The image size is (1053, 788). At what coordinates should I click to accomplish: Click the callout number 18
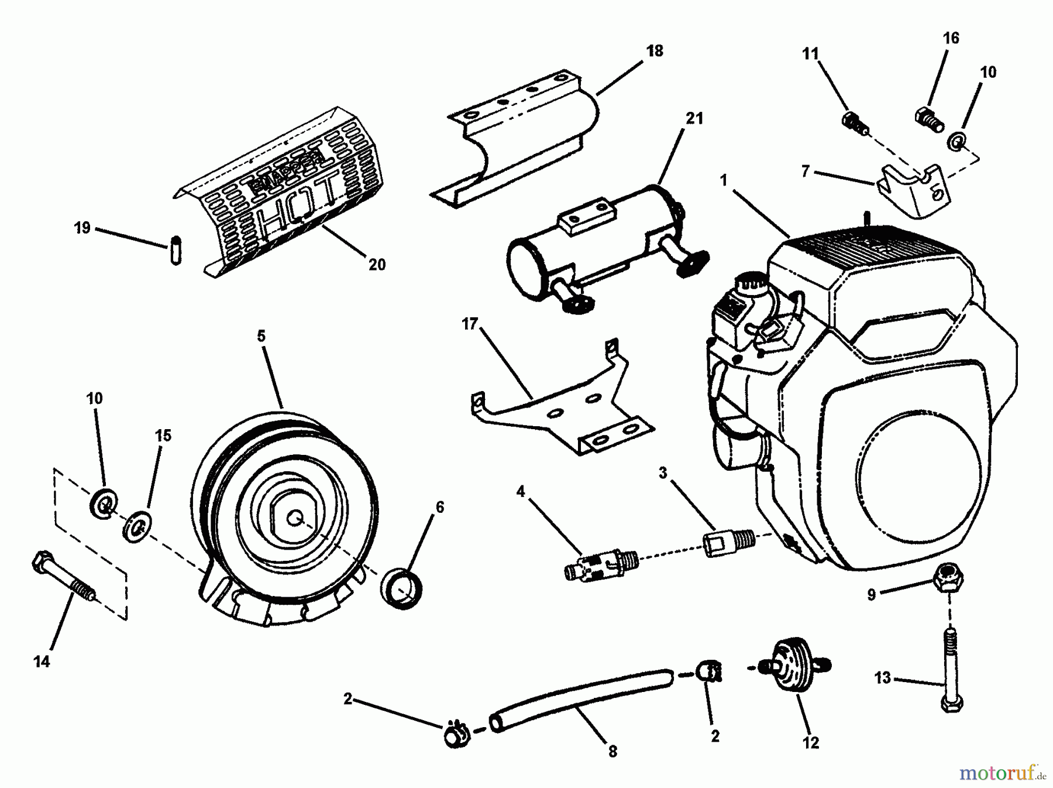tap(655, 51)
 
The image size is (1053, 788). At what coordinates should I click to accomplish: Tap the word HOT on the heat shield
tap(298, 208)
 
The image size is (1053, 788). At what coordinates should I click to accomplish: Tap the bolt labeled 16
tap(929, 119)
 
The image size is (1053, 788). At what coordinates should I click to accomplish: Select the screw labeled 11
tap(855, 123)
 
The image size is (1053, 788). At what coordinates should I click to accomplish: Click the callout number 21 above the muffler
tap(694, 119)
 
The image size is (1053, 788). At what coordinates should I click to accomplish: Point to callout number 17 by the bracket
tap(470, 324)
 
